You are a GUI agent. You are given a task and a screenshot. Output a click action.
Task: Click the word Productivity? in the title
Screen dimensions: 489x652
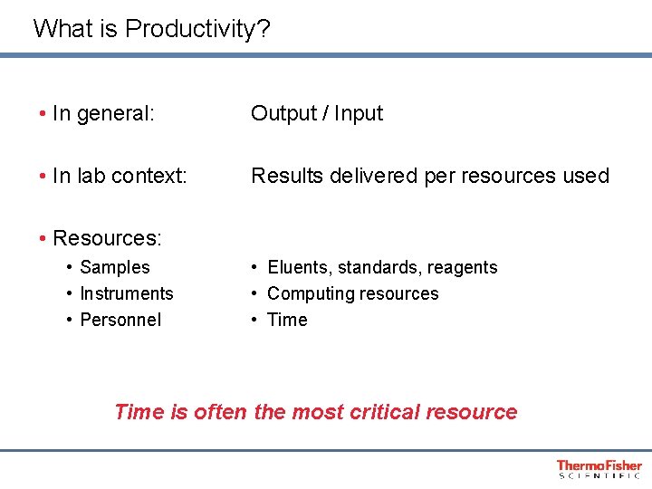(197, 29)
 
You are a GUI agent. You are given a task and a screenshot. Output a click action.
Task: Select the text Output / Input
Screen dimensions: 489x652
(317, 113)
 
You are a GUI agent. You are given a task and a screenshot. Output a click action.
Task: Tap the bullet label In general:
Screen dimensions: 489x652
(103, 113)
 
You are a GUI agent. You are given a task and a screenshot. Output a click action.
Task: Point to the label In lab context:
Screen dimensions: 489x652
(120, 176)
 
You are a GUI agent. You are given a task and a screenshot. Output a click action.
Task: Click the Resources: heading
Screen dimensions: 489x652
(107, 238)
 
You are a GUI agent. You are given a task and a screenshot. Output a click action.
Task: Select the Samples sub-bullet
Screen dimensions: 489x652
(115, 267)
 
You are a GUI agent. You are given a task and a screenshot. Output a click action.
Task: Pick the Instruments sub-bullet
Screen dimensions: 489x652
(127, 293)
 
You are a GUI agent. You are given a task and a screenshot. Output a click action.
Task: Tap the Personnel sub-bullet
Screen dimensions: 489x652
(120, 320)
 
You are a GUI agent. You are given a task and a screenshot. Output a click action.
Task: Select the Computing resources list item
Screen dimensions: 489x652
(353, 293)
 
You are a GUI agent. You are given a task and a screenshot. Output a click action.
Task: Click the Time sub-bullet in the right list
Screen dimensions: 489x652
(287, 320)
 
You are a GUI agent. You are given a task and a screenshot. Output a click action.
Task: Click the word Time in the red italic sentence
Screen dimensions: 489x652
(139, 412)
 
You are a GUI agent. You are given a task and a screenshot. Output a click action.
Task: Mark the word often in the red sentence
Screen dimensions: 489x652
(220, 412)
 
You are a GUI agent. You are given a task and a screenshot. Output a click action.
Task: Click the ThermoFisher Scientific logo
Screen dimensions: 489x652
(599, 468)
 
